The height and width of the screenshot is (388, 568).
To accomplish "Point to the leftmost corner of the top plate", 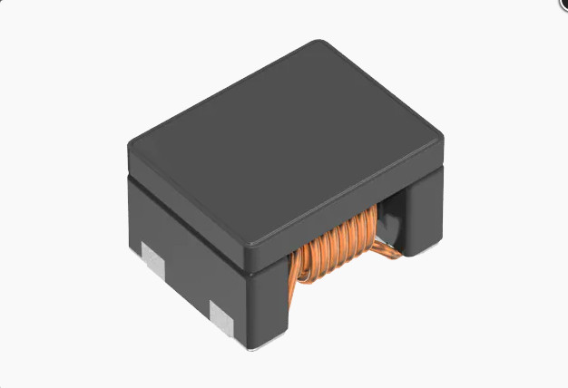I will (131, 143).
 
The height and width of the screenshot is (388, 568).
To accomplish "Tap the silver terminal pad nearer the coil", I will (221, 316).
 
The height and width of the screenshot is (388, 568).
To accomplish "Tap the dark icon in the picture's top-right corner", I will (563, 5).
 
